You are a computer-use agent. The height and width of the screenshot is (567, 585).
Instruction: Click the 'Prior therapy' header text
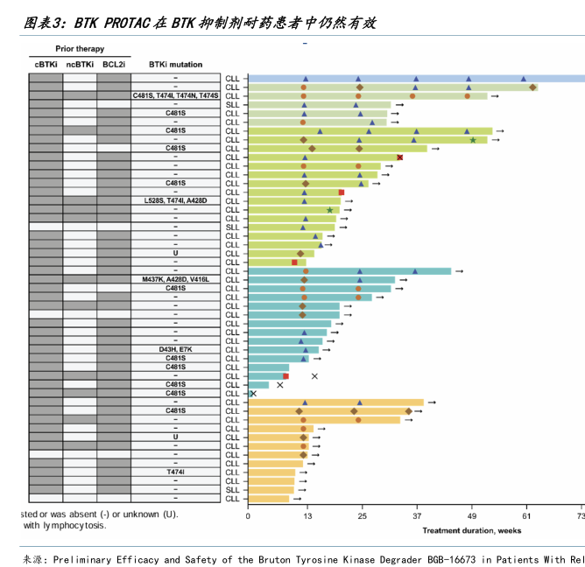79,50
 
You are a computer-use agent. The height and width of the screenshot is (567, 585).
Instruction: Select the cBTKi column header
46,64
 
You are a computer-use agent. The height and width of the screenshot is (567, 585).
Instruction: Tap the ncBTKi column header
80,64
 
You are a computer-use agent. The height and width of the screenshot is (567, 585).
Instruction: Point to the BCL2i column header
113,64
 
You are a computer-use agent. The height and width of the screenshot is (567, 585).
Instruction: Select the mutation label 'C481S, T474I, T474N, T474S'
175,95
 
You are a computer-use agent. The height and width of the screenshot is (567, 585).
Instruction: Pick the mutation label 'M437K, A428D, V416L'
175,279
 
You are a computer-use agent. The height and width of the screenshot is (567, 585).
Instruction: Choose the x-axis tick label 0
249,517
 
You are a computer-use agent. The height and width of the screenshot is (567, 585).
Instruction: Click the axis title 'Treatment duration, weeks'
473,530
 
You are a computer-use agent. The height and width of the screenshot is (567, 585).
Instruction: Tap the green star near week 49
473,140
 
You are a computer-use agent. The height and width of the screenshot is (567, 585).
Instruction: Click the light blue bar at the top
412,79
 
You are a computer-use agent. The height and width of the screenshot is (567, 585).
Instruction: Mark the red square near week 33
400,157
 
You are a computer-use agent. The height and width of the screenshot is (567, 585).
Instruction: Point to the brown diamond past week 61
532,87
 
